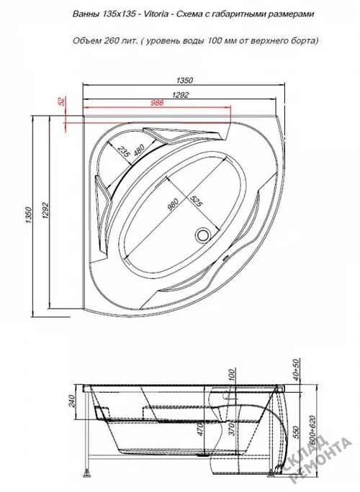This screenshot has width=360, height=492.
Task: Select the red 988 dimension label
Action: coord(158,102)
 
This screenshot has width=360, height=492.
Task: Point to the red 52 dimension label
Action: coord(61,101)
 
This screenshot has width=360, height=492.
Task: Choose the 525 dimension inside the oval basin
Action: coord(195,200)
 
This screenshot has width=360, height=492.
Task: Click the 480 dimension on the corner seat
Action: coord(138,150)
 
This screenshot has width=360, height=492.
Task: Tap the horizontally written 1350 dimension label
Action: coord(184,81)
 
